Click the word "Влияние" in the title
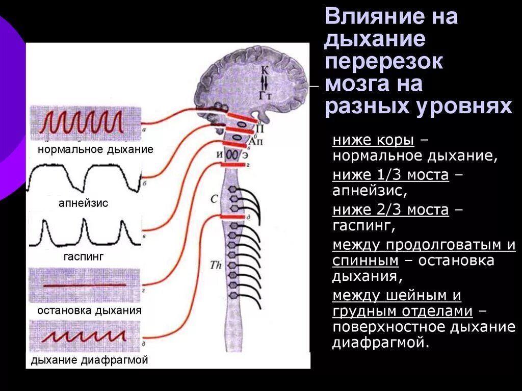tap(368, 17)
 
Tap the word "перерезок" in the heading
tap(384, 62)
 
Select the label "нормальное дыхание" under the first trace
tap(95, 150)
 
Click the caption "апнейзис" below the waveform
tap(84, 203)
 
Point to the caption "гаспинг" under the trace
tap(84, 257)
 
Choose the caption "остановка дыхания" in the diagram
tap(90, 310)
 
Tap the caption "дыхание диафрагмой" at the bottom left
tap(90, 360)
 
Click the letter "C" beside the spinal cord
tap(214, 199)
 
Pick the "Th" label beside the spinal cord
tap(215, 265)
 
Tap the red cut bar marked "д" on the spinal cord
tap(233, 217)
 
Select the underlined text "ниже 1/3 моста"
tap(390, 175)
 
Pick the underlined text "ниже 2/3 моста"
tap(390, 210)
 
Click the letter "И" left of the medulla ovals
tap(219, 154)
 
